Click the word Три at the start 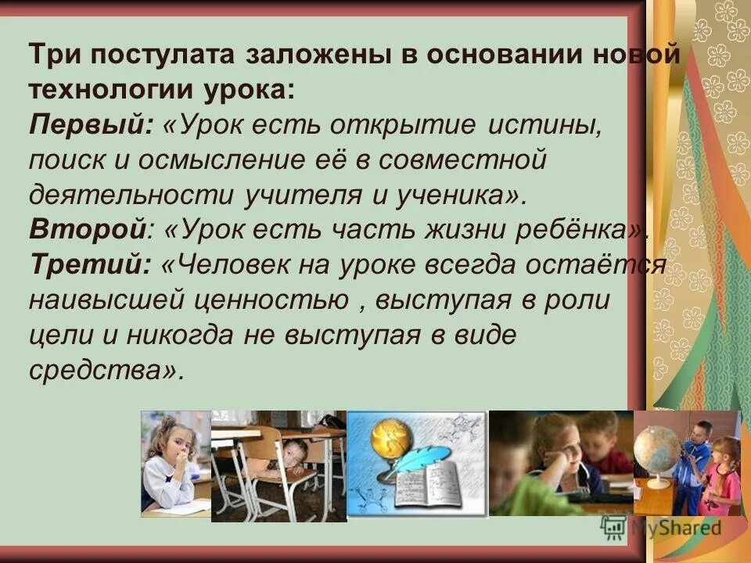(x=54, y=56)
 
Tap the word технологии (x=102, y=89)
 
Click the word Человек (x=235, y=264)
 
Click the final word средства (x=101, y=368)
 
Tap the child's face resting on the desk (x=294, y=454)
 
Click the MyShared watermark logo (x=661, y=528)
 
